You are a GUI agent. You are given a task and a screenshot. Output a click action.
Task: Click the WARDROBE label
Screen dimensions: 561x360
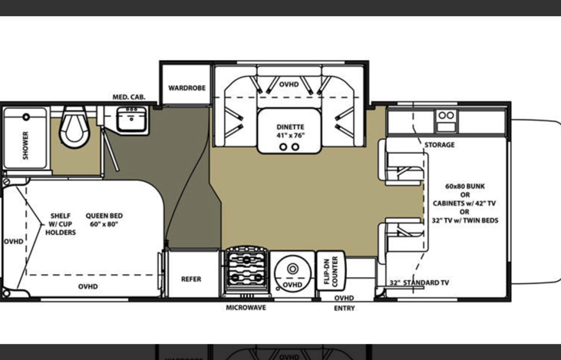[x=186, y=88]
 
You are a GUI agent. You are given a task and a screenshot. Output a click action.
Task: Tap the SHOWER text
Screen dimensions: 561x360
[x=25, y=145]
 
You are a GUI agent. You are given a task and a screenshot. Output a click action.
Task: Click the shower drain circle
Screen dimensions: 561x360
[x=26, y=117]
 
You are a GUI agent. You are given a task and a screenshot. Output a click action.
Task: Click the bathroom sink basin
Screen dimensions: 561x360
[x=131, y=120]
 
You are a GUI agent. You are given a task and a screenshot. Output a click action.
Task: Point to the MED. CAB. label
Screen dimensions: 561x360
[x=129, y=97]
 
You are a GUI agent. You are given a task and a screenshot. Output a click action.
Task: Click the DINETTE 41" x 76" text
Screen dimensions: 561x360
[x=290, y=131]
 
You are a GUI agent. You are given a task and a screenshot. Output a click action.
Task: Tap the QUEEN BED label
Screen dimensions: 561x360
[x=104, y=220]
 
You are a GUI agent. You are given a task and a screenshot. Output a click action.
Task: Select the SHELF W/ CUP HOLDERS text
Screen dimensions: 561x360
[x=61, y=224]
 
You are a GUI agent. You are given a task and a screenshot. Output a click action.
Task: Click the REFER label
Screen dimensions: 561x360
[x=191, y=279]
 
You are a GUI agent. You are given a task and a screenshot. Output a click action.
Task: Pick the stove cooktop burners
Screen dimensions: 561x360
[x=246, y=270]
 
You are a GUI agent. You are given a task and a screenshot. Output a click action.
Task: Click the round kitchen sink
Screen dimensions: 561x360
[x=292, y=273]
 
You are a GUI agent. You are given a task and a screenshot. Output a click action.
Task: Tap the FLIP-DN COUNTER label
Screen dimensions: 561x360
[x=331, y=272]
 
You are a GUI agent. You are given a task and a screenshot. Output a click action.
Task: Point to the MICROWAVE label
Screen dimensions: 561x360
[x=246, y=308]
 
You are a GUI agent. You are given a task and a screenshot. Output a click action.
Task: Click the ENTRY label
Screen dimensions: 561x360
[x=345, y=308]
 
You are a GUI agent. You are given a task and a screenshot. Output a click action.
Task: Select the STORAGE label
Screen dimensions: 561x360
[x=439, y=145]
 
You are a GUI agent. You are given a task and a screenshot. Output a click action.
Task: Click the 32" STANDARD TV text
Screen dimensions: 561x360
[x=419, y=282]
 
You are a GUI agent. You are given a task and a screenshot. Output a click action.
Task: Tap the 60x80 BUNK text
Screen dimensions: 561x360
[x=465, y=187]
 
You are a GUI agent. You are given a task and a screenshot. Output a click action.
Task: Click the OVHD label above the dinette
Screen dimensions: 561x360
[x=289, y=84]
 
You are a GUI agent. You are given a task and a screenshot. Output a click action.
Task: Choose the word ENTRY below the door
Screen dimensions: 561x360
[x=345, y=308]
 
